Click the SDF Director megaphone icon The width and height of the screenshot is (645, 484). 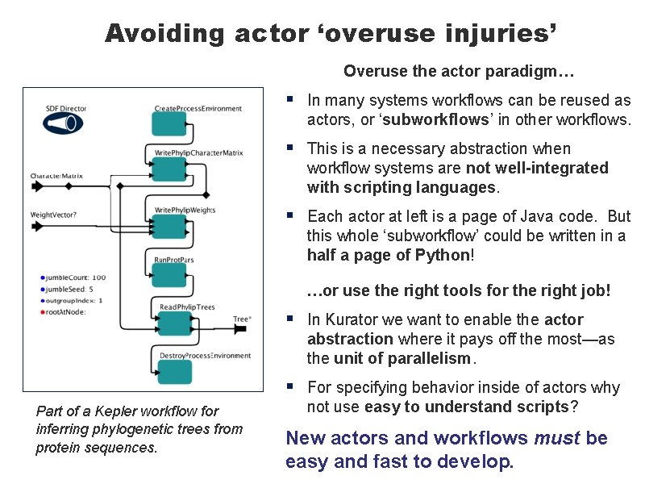point(63,123)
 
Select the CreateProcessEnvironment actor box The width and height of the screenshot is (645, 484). point(169,124)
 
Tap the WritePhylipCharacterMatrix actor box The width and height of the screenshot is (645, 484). point(169,169)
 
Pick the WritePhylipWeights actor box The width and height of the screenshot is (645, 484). point(169,227)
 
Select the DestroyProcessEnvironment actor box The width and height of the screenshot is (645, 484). point(175,372)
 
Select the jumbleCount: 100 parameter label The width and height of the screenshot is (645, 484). point(77,277)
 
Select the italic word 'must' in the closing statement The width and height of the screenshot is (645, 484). point(557,439)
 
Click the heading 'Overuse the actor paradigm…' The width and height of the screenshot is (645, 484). point(458,72)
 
